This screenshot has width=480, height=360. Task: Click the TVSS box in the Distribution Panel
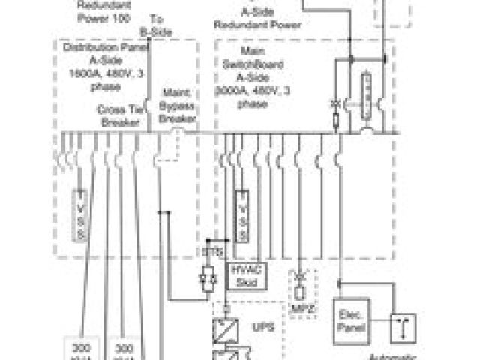[80, 215]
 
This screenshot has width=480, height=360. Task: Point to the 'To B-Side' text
[156, 24]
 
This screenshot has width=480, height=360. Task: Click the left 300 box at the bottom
[82, 349]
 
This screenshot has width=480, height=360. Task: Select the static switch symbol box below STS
[209, 277]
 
